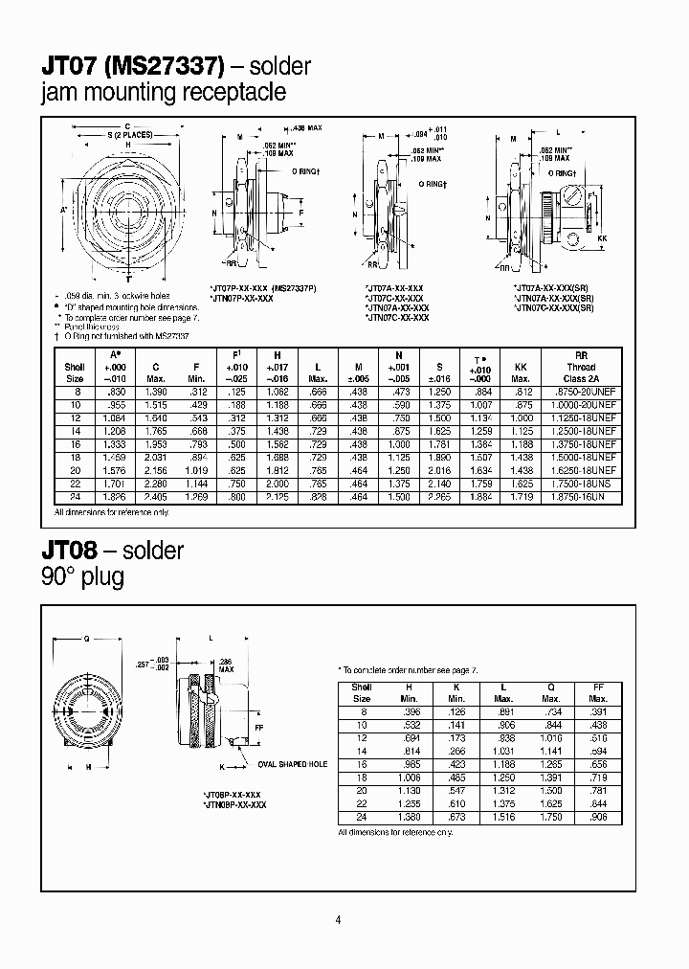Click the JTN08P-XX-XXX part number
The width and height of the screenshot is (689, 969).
point(234,805)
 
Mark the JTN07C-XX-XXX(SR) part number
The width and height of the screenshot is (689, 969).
point(554,306)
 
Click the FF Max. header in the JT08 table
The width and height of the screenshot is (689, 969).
point(598,692)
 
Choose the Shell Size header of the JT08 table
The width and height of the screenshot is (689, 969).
point(362,692)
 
